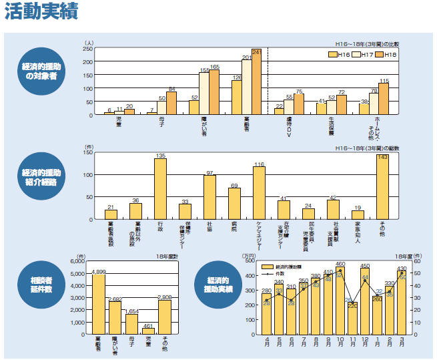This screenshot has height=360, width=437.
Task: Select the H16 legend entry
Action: click(342, 54)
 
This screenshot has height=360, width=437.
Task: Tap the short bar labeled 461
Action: click(149, 331)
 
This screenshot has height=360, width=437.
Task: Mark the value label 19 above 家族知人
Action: click(358, 208)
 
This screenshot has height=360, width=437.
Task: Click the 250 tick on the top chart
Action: click(87, 49)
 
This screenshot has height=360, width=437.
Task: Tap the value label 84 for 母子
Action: click(171, 89)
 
